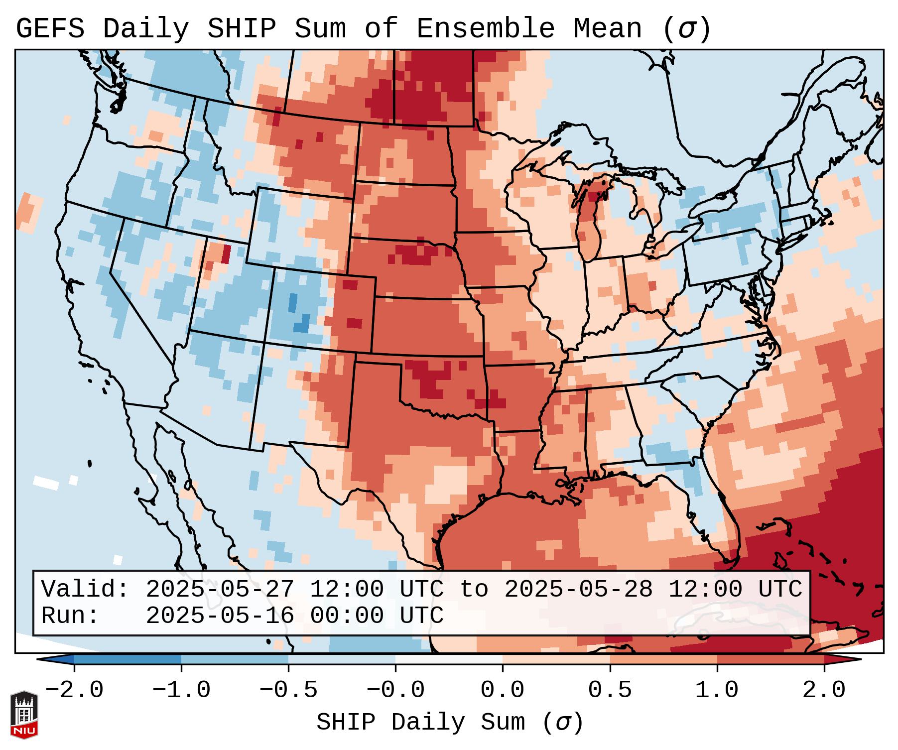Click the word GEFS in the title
50,29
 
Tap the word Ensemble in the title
485,29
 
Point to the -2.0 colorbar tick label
74,690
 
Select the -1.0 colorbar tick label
181,690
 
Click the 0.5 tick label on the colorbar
610,690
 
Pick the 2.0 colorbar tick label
824,690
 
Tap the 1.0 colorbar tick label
717,690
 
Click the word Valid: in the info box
85,590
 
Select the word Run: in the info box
70,616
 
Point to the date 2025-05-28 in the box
578,590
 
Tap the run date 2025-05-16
220,616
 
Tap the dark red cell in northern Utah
226,254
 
